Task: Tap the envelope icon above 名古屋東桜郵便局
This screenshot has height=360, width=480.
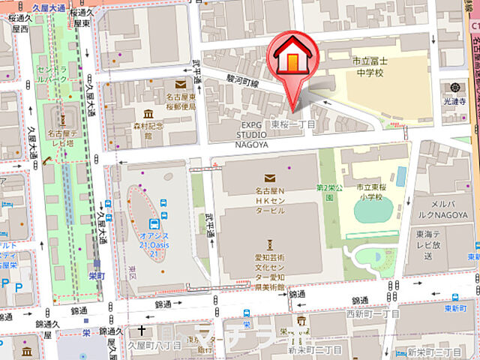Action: click(180, 85)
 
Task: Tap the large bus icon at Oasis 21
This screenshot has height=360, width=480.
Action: click(154, 223)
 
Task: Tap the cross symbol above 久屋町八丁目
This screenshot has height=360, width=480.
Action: click(141, 330)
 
